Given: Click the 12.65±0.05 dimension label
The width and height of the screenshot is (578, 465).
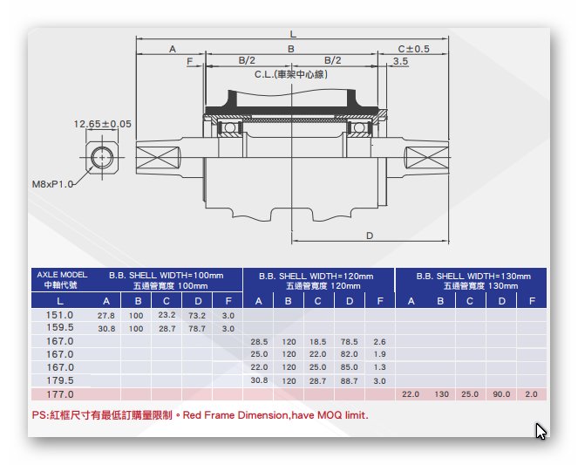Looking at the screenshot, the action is pos(103,124).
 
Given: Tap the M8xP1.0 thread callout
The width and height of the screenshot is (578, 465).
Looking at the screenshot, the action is pos(52,184).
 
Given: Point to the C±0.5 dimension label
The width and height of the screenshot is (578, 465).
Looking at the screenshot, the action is pos(413,49).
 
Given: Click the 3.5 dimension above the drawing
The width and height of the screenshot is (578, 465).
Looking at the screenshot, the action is pos(400,61).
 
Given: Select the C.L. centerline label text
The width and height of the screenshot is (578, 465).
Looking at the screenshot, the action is pos(291,74).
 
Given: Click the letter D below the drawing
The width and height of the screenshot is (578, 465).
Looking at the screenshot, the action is pos(370,236).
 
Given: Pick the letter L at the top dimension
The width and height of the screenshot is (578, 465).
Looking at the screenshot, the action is pos(293,34).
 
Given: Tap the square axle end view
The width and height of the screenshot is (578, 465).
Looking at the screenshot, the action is pos(102,157).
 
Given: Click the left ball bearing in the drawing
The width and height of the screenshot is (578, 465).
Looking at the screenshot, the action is pos(230,128).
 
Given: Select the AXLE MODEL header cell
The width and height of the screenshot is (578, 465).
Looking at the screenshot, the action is pos(62,280).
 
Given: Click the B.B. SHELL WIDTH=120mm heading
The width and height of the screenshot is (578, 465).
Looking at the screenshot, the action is pos(316,277).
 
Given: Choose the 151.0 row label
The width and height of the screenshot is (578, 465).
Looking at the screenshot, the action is pos(59,315).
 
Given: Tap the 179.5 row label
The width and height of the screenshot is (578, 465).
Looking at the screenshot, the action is pos(59,380).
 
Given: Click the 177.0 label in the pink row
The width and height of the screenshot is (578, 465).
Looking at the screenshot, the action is pos(59,394).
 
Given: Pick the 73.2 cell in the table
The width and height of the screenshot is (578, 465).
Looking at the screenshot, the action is pos(197,316).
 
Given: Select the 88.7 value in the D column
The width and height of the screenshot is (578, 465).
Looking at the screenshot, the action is pos(349,381).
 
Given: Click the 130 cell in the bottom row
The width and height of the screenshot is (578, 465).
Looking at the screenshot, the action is pos(441,394).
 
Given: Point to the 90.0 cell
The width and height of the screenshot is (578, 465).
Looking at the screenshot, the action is pos(501,394).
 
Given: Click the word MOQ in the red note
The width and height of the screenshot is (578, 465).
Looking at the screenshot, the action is pos(330,415).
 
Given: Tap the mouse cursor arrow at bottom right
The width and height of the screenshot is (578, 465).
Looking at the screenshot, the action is pos(541,431).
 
